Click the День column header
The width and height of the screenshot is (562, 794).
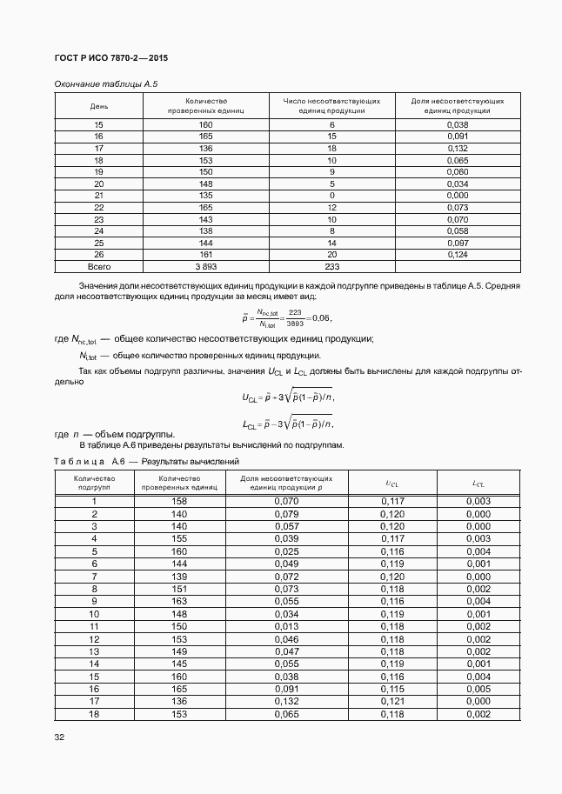[x=98, y=106]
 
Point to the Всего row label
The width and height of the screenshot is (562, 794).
[x=98, y=267]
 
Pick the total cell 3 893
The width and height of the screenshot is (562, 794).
[x=205, y=267]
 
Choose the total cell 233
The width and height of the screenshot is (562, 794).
[x=331, y=267]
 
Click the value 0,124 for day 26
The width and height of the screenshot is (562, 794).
[x=457, y=255]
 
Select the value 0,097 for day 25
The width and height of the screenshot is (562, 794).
[x=457, y=244]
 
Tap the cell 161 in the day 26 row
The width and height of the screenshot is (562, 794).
[x=205, y=255]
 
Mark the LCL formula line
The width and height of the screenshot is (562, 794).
[x=287, y=424]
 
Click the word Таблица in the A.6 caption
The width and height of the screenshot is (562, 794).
[x=79, y=462]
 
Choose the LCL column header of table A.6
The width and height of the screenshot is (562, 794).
[x=478, y=483]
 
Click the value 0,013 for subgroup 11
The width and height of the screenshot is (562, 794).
[x=286, y=625]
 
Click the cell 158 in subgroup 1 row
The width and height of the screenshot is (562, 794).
[x=179, y=502]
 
